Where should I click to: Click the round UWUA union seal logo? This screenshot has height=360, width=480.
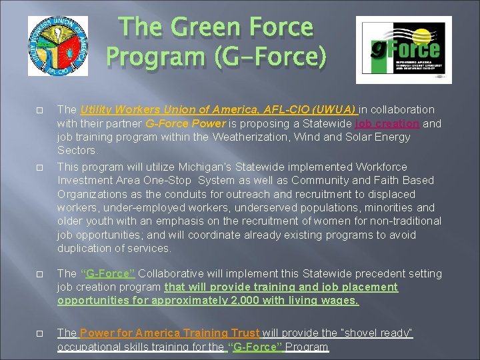pyautogui.click(x=57, y=46)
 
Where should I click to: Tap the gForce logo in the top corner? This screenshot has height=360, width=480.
pyautogui.click(x=403, y=49)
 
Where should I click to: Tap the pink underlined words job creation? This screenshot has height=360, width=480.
pyautogui.click(x=387, y=123)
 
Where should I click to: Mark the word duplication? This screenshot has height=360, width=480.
pyautogui.click(x=85, y=249)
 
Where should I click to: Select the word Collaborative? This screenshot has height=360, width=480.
pyautogui.click(x=170, y=273)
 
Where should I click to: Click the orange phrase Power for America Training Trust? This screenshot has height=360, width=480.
pyautogui.click(x=169, y=333)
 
